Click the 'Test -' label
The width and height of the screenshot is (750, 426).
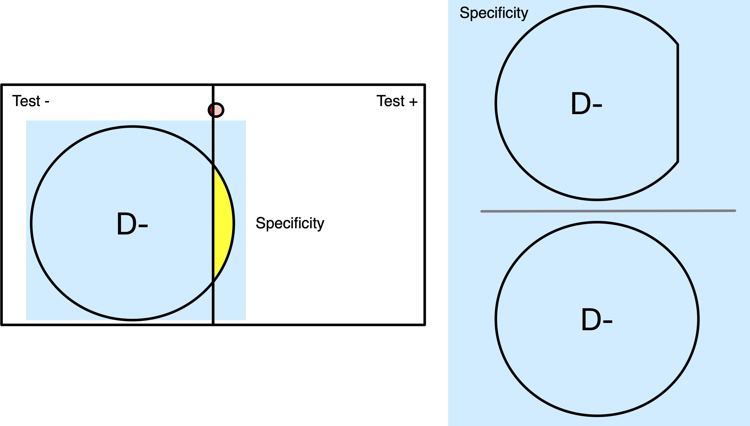(x=31, y=101)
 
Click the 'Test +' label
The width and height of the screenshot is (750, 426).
(x=397, y=101)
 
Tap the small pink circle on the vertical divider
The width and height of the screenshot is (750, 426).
(x=217, y=110)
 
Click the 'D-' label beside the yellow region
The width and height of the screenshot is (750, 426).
(x=132, y=224)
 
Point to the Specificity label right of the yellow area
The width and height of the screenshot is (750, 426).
(x=290, y=223)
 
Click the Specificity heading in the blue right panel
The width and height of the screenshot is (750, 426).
(x=494, y=13)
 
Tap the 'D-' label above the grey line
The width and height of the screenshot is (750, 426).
(x=587, y=104)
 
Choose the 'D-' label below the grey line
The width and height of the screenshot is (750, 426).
(x=597, y=319)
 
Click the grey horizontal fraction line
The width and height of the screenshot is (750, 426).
(x=608, y=211)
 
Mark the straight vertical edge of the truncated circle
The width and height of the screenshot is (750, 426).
(x=678, y=103)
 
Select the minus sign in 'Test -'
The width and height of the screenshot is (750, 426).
(x=47, y=102)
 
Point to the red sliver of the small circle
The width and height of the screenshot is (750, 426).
(x=211, y=110)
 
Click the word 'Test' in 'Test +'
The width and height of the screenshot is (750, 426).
(x=390, y=101)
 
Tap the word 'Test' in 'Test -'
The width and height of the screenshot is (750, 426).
(x=26, y=101)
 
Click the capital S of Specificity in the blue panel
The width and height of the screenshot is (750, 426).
(x=464, y=13)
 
